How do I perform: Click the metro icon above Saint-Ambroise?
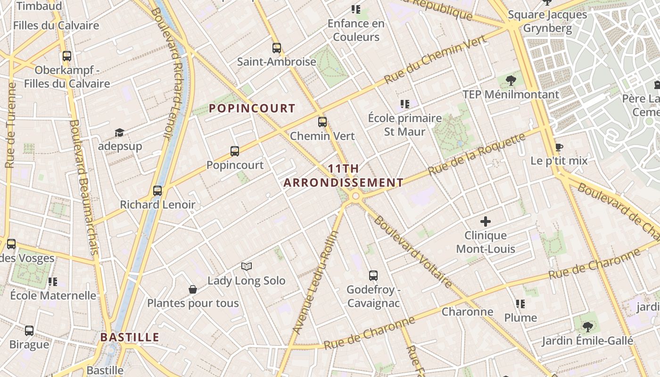[277, 48]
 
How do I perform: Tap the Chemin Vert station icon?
[322, 122]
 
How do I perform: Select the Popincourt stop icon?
[235, 151]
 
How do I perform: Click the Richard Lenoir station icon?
[157, 191]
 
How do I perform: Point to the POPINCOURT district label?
[252, 108]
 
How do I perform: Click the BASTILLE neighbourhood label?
[130, 337]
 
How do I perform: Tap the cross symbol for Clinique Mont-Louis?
[486, 221]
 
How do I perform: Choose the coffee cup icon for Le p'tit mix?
[559, 147]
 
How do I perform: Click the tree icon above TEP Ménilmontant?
[511, 81]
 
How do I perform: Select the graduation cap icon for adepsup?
[120, 132]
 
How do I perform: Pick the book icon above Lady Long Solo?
[247, 267]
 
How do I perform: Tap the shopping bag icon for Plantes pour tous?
[192, 289]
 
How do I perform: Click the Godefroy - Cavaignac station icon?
[373, 275]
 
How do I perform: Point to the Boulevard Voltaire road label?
[413, 252]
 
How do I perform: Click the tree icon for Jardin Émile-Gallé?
[587, 327]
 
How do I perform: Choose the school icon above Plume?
[520, 304]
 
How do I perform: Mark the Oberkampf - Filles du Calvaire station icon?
[67, 56]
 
